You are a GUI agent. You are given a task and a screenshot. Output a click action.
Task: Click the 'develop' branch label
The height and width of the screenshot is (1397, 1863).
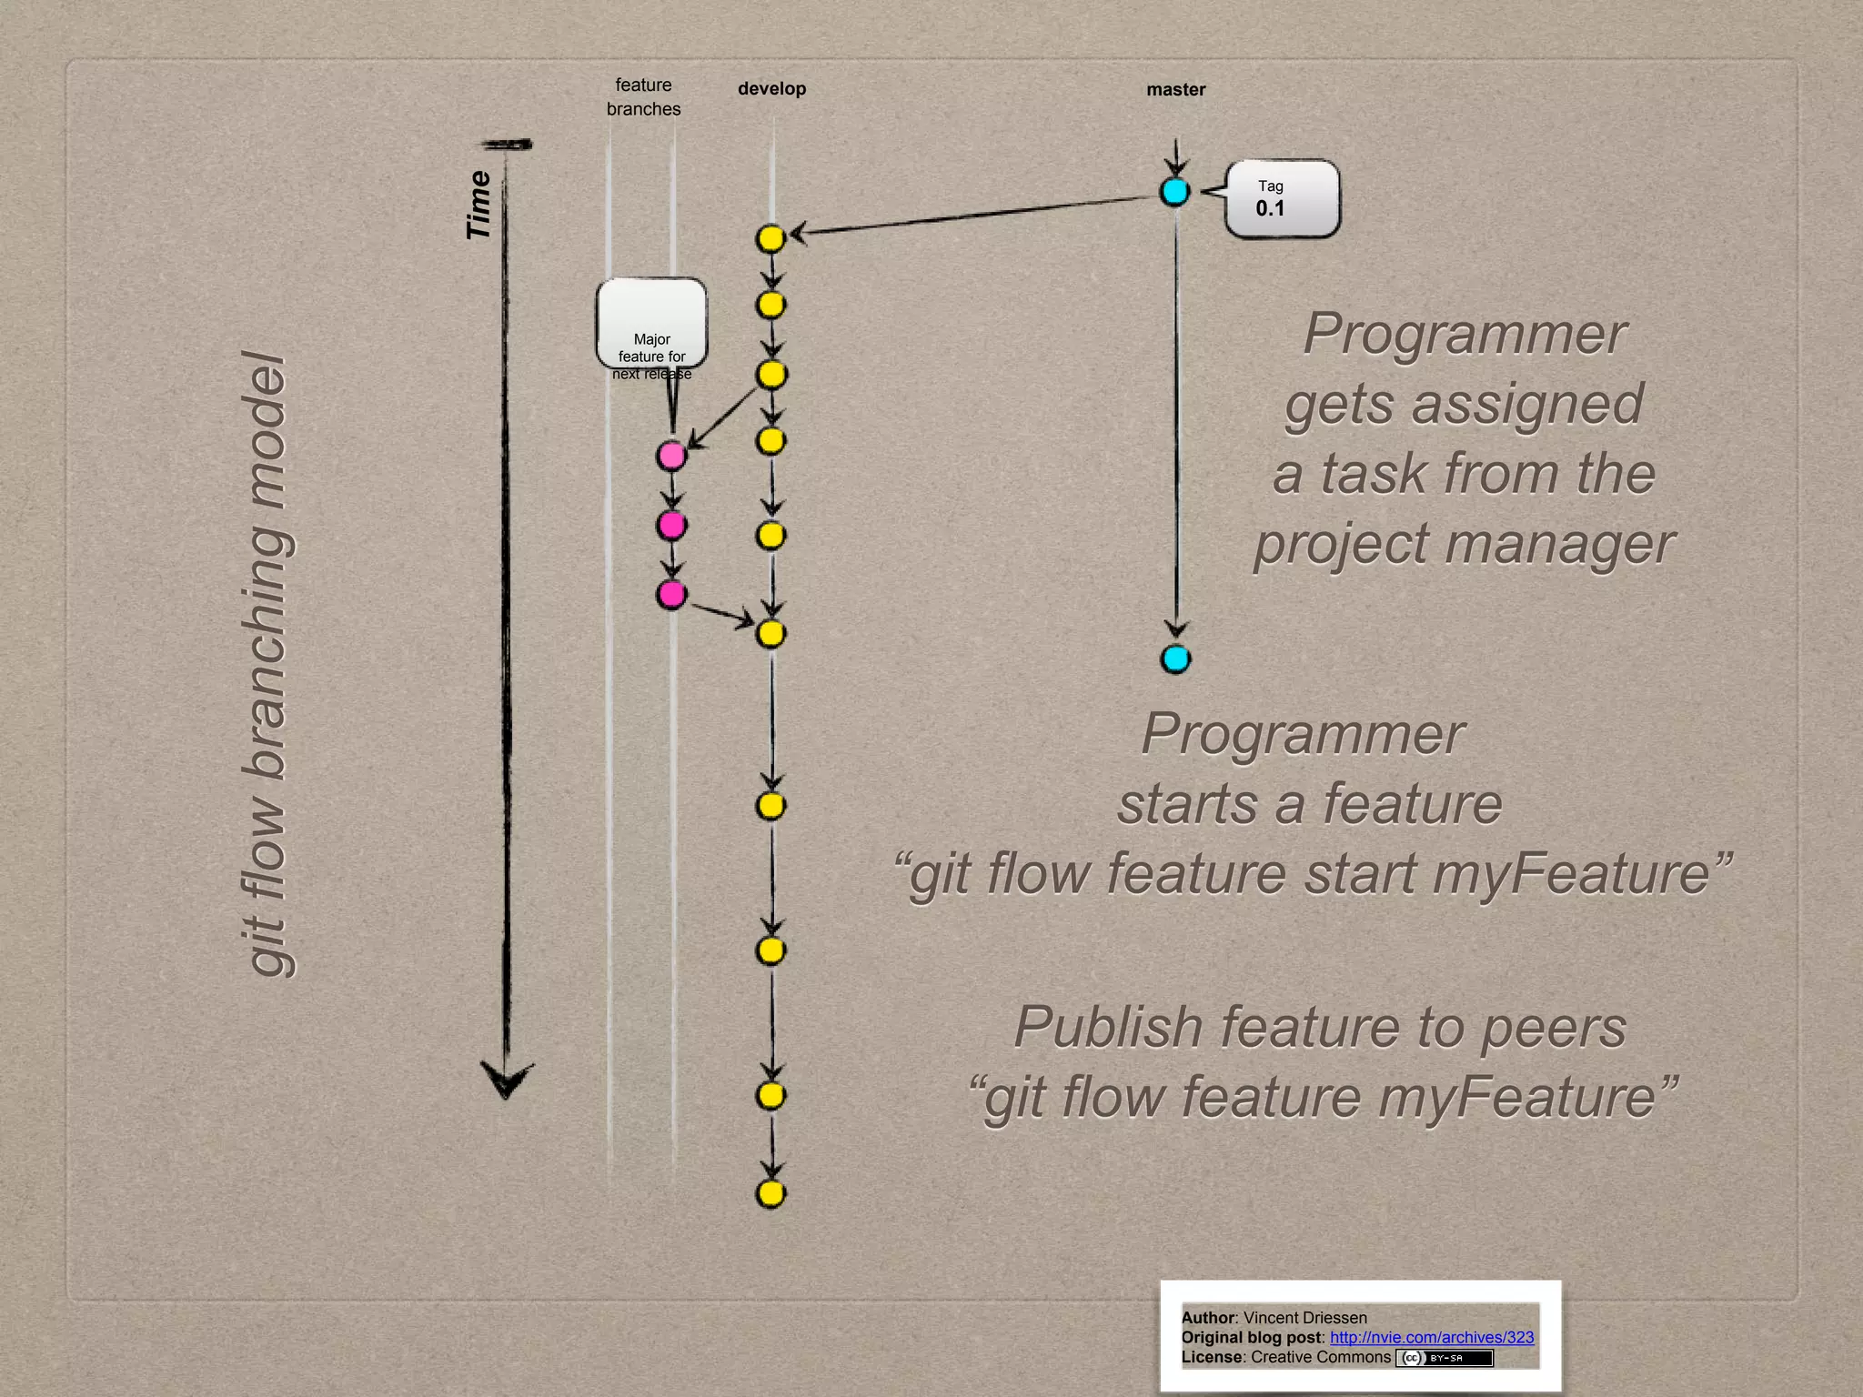click(x=771, y=89)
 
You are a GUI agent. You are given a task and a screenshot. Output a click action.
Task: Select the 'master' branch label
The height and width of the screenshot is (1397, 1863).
click(x=1175, y=90)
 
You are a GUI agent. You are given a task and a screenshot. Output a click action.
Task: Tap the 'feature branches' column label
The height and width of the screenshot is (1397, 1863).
click(x=643, y=96)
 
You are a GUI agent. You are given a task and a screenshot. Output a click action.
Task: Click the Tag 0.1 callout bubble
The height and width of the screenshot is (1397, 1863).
click(x=1281, y=199)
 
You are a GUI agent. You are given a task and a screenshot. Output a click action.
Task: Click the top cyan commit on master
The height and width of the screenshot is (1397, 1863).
click(x=1175, y=192)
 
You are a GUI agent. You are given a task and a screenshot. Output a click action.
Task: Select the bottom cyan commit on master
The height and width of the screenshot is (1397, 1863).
click(x=1175, y=658)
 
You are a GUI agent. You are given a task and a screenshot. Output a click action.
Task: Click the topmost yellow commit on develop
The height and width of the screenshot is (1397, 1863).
click(x=770, y=239)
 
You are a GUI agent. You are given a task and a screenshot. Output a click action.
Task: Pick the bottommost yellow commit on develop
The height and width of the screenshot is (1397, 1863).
click(x=770, y=1193)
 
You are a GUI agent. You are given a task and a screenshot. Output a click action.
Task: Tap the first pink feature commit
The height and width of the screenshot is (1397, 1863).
click(x=671, y=455)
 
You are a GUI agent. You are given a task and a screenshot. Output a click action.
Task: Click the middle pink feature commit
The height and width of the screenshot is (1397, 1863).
click(x=671, y=525)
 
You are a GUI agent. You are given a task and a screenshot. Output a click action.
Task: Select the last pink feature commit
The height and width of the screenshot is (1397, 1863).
click(x=671, y=595)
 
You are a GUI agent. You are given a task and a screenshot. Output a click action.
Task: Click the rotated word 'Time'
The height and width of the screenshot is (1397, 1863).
click(x=479, y=205)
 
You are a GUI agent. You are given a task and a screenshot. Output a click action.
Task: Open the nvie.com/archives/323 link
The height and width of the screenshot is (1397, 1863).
click(x=1431, y=1337)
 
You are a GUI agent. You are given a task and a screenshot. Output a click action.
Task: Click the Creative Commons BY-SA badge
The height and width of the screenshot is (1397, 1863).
click(x=1445, y=1358)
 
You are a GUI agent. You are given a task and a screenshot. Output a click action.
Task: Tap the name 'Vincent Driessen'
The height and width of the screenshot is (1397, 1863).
click(x=1304, y=1317)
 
